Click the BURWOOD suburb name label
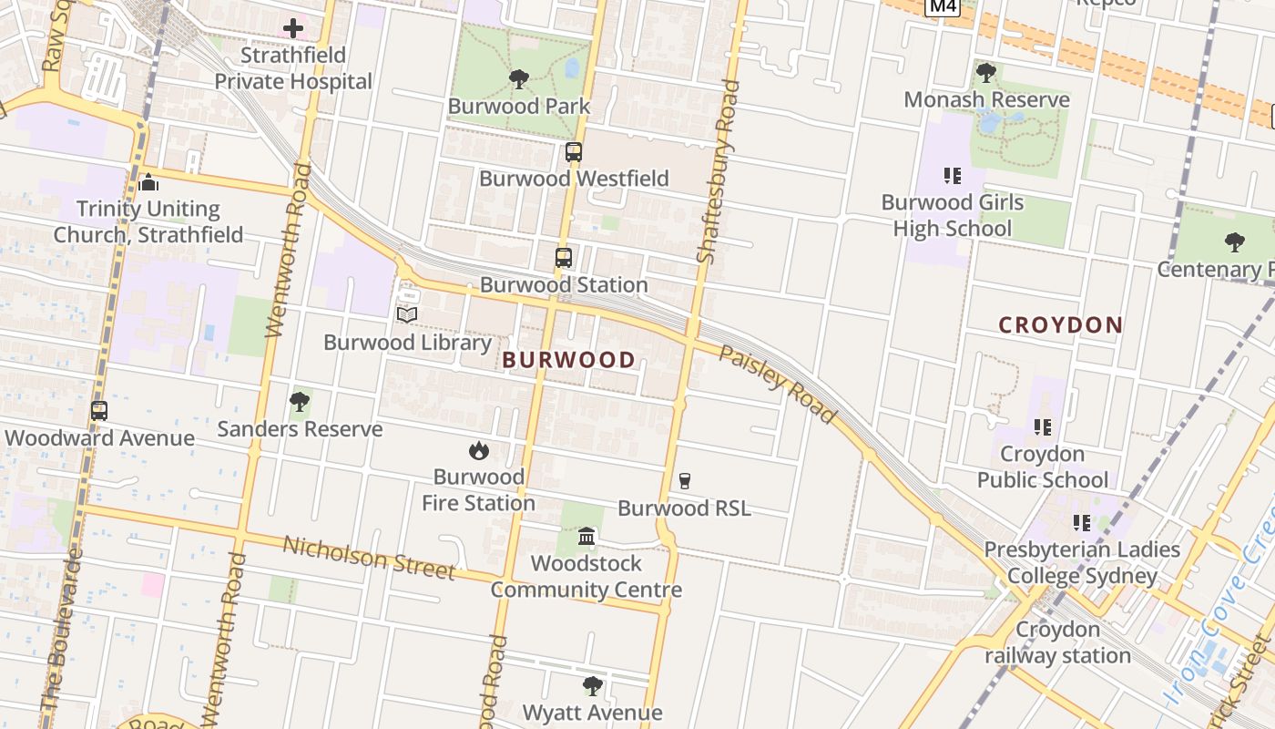point(569,360)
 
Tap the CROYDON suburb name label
point(1060,325)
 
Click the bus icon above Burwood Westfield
point(574,152)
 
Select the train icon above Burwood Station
point(564,258)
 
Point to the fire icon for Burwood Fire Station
point(478,450)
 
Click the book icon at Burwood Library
point(407,314)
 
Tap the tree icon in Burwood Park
point(519,79)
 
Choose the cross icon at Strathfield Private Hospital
point(293,28)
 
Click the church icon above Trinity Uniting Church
point(148,182)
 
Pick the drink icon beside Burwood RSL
point(685,481)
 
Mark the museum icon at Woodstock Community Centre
point(586,536)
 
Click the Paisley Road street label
point(777,384)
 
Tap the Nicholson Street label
point(369,558)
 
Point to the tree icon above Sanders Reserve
point(300,402)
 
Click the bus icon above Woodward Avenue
point(99,411)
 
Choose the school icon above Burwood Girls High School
point(953,175)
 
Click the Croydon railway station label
point(1057,642)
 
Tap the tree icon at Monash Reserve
point(986,72)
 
